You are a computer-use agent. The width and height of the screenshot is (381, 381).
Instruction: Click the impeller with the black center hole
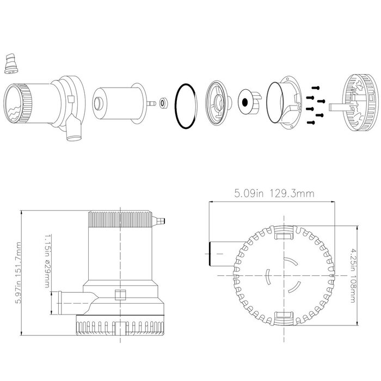click(248, 102)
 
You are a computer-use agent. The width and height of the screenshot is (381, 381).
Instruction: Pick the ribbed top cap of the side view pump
click(119, 219)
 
